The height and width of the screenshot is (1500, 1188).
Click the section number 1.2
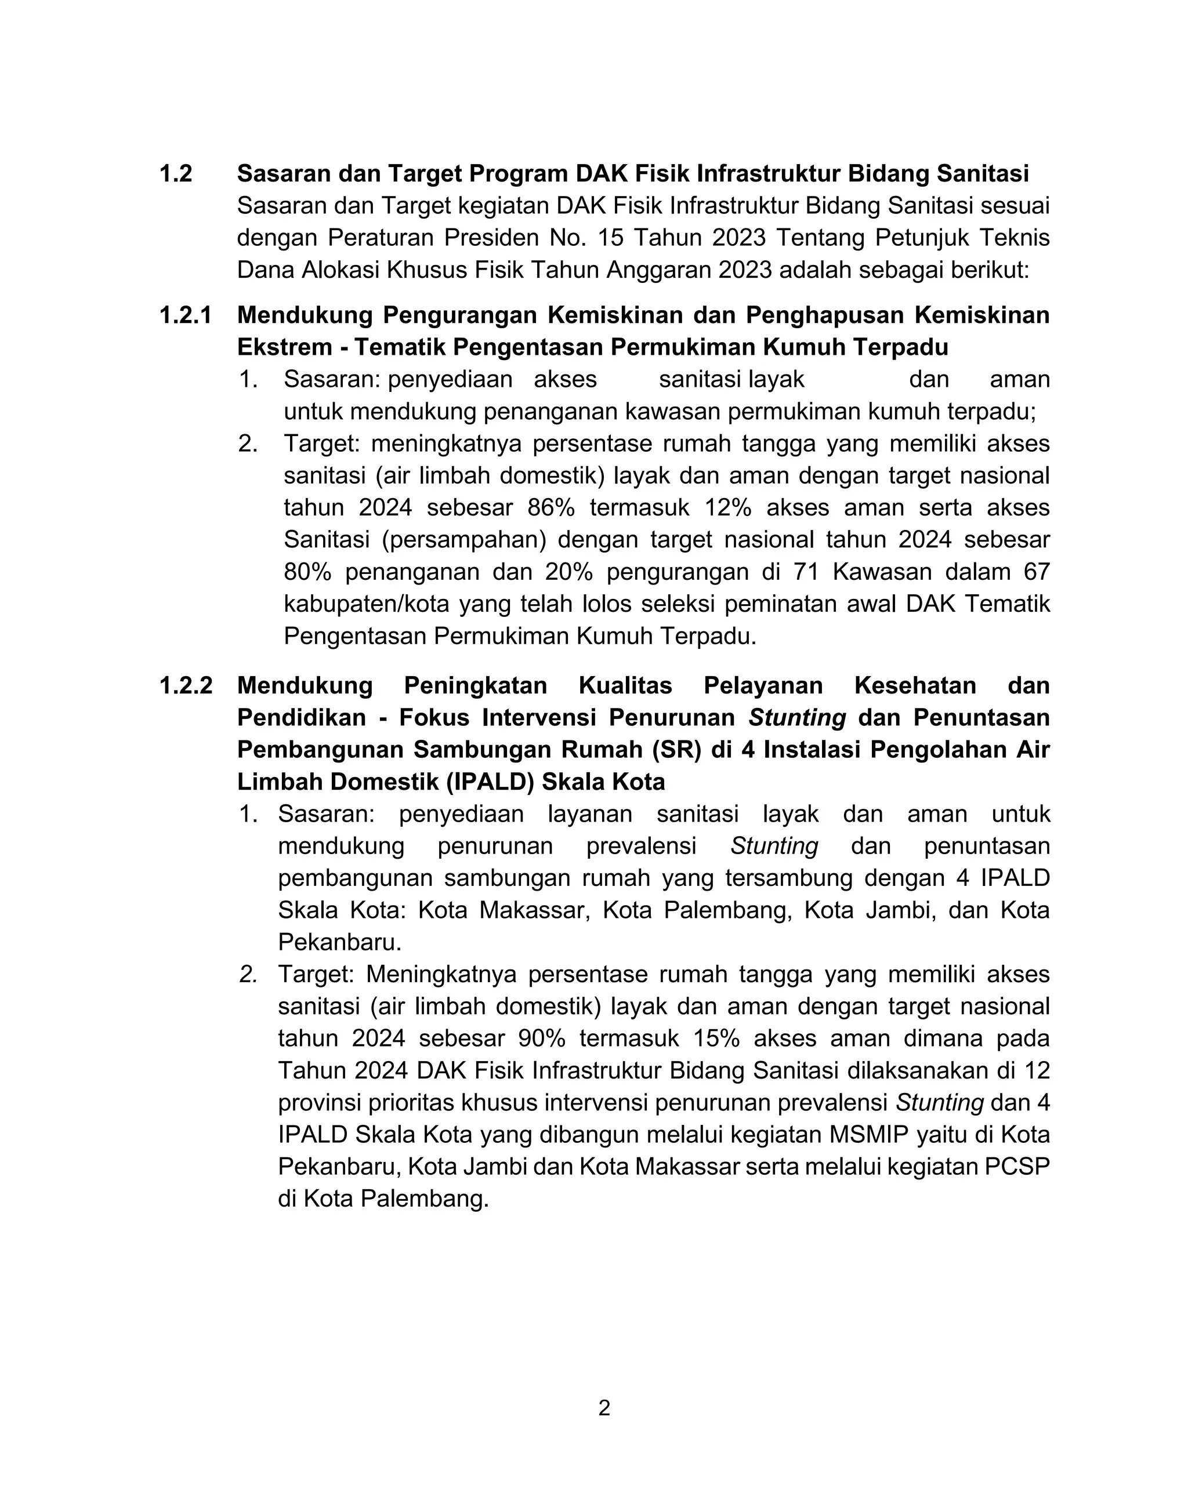click(175, 174)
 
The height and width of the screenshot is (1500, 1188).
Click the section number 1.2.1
click(185, 315)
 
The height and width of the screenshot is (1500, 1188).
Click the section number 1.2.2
click(185, 686)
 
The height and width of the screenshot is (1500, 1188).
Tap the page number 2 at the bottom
click(604, 1408)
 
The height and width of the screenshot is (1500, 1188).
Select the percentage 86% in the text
click(551, 508)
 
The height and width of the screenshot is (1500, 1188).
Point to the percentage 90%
click(541, 1038)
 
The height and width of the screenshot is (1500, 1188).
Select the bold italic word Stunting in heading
click(797, 718)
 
